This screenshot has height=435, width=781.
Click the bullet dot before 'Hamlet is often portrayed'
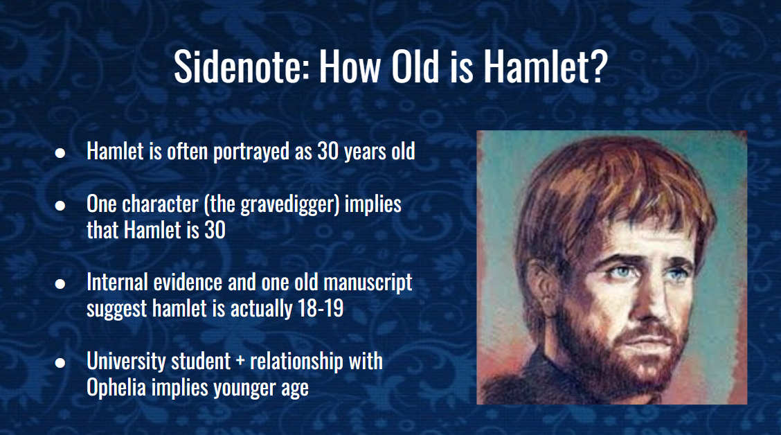pyautogui.click(x=60, y=152)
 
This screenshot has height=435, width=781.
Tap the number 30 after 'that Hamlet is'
pyautogui.click(x=214, y=230)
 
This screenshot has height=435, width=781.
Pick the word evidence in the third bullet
pyautogui.click(x=186, y=283)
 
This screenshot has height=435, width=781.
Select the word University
pyautogui.click(x=124, y=361)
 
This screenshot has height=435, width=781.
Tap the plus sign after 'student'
pyautogui.click(x=241, y=362)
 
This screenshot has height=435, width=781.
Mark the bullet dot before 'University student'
pyautogui.click(x=60, y=362)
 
